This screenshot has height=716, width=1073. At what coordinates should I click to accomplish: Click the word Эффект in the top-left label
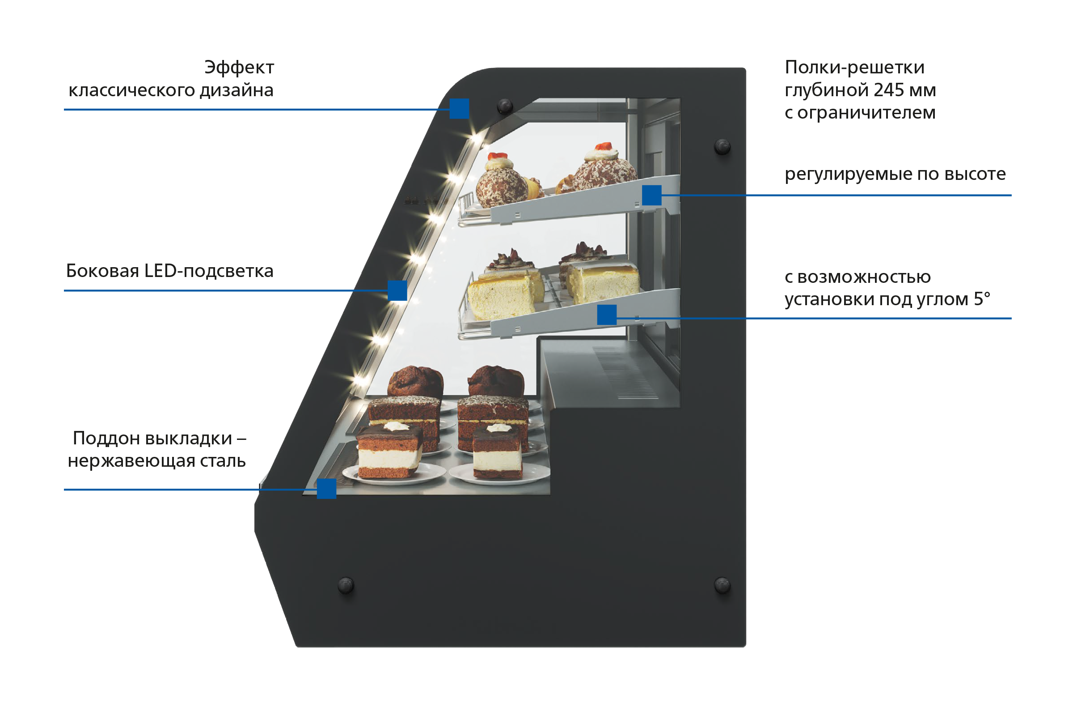tap(239, 68)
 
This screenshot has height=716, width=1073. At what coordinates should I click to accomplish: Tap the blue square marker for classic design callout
tap(459, 109)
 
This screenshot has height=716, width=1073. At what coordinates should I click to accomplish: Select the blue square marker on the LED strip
tap(397, 290)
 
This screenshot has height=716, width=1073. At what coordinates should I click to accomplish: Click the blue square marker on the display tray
tap(327, 489)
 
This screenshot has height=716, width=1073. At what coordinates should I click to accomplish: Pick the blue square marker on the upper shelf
tap(652, 196)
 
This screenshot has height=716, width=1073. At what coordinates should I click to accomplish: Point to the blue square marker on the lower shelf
tap(607, 315)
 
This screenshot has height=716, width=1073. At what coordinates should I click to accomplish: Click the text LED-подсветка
tap(208, 271)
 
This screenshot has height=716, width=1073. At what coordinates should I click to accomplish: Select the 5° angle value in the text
tap(982, 299)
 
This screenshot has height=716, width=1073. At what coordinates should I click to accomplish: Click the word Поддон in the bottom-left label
tap(107, 439)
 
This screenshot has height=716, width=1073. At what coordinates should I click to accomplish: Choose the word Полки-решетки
tap(854, 68)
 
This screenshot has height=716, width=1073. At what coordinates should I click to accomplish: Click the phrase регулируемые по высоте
tap(895, 174)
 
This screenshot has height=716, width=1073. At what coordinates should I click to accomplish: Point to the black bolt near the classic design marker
tap(505, 106)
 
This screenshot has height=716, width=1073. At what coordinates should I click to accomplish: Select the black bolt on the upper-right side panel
tap(722, 147)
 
